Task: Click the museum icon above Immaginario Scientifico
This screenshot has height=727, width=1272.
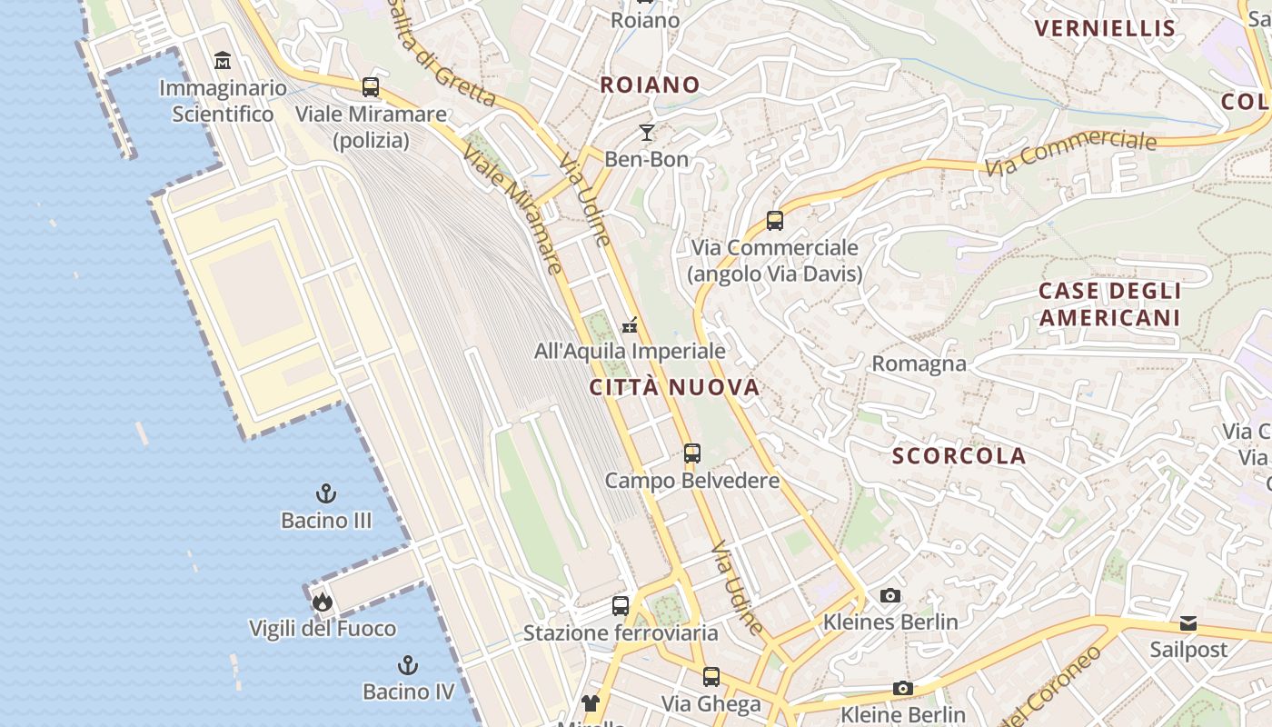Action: point(223,61)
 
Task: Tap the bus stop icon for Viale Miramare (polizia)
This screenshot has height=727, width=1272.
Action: point(371,87)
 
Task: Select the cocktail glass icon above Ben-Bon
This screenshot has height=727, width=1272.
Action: point(646,133)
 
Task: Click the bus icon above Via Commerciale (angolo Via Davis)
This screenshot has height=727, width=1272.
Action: point(774,221)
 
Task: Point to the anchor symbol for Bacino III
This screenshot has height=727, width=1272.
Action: point(325,493)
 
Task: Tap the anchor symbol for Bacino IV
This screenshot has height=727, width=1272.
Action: point(408,665)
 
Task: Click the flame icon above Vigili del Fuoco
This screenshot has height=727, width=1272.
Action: point(322,602)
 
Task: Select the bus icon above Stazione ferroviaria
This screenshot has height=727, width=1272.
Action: point(621,606)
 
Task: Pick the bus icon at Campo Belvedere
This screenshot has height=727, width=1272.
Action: point(692,453)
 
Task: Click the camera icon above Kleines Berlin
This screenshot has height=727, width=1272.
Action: point(890,595)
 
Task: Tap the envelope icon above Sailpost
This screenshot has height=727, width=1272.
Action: point(1188,623)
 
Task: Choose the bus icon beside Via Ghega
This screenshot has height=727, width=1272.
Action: point(711,677)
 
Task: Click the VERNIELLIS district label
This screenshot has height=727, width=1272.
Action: point(1105,28)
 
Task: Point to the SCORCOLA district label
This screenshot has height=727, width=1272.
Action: point(959,455)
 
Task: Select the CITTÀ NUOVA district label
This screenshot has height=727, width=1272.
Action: point(674,387)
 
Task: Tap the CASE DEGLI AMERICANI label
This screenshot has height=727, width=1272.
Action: point(1109,304)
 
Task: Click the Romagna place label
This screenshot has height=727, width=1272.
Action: point(919,363)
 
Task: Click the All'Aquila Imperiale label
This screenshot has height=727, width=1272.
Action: point(630,351)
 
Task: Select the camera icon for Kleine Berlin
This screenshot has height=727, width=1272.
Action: point(902,688)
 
